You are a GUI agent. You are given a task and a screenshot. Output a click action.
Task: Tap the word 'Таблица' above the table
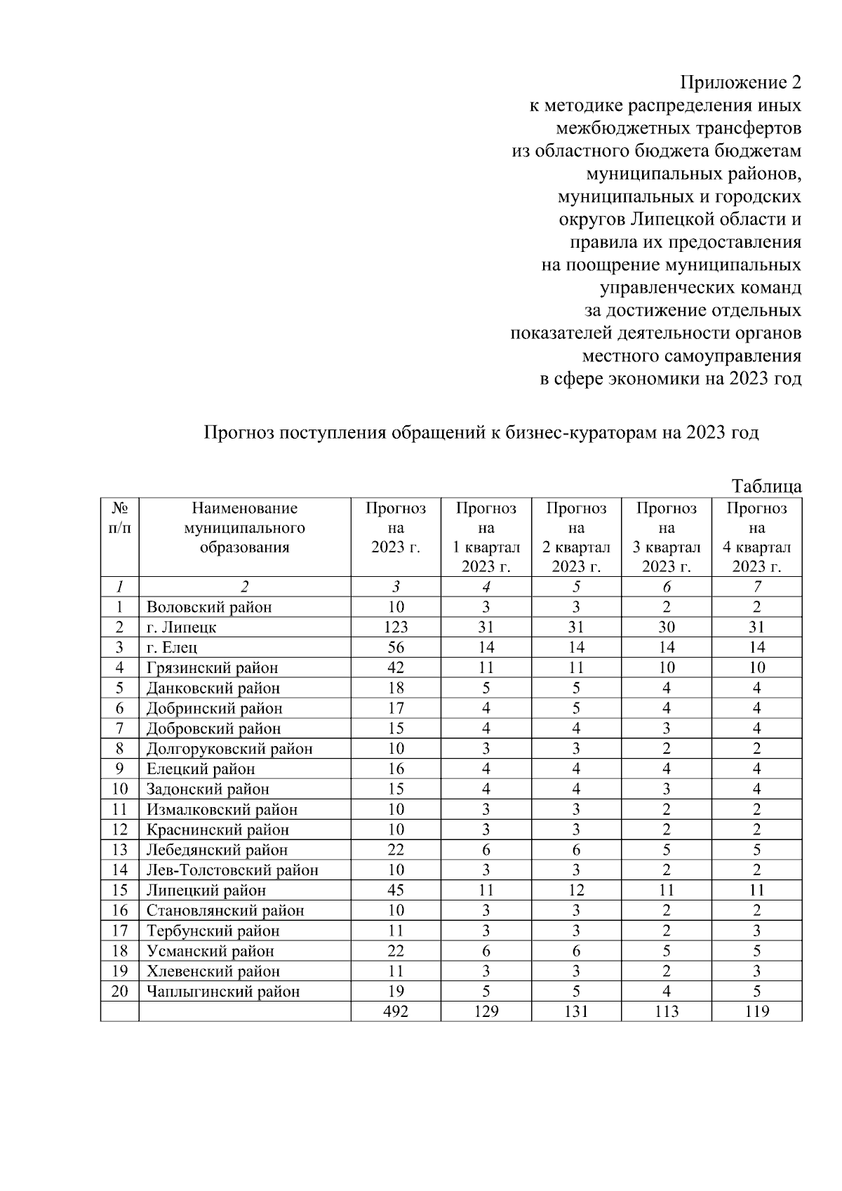click(766, 486)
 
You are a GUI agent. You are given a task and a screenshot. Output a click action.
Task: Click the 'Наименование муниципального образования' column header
click(244, 528)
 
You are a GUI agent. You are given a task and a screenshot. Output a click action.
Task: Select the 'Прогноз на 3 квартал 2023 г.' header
click(666, 538)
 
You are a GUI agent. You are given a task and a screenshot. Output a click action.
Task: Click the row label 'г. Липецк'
click(181, 627)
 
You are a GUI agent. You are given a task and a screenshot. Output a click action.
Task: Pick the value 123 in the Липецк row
click(396, 627)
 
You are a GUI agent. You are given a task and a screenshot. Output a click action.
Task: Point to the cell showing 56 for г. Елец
click(396, 648)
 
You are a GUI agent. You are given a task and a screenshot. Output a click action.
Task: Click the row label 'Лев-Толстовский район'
click(232, 870)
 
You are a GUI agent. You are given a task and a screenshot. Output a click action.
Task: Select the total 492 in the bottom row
click(396, 1011)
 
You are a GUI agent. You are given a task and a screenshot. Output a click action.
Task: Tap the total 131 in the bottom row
click(576, 1011)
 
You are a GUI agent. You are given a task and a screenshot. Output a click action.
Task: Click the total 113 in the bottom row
click(666, 1011)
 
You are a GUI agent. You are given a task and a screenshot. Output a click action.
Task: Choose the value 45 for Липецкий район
click(396, 891)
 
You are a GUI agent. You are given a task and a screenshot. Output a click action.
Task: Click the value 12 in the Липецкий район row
click(576, 891)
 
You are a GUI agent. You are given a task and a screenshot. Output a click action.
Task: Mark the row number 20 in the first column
click(120, 992)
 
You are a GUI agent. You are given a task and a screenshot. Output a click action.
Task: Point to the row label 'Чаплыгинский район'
click(223, 992)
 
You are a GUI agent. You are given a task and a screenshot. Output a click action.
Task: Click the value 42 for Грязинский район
click(396, 668)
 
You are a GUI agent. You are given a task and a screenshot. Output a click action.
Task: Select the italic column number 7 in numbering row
click(756, 587)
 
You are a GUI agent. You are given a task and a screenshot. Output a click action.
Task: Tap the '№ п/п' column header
click(120, 518)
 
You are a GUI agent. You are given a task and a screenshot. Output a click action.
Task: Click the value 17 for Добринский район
click(396, 709)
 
